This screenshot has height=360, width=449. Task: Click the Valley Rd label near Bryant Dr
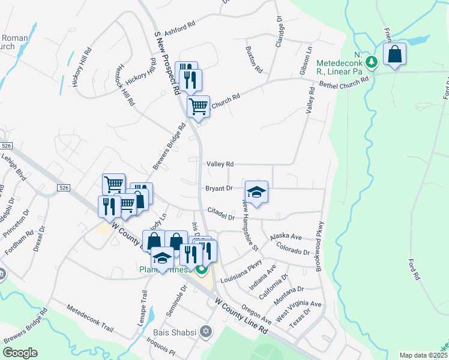[x=220, y=164]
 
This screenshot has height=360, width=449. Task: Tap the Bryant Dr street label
[x=218, y=188]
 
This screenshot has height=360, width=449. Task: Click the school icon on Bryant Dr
[x=256, y=192]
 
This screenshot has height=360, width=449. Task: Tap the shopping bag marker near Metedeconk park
[x=395, y=55]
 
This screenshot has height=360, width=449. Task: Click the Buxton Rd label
[x=255, y=59]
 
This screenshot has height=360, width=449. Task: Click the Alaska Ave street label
[x=285, y=238]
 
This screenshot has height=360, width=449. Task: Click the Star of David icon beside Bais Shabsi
[x=206, y=331]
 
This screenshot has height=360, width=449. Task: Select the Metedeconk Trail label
[x=90, y=318]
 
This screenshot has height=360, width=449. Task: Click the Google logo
[x=20, y=352]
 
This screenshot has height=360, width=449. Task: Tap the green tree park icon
[x=372, y=61]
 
